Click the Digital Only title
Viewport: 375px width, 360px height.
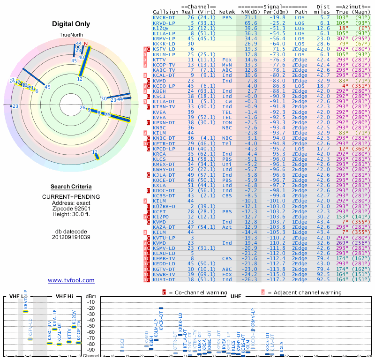(71, 24)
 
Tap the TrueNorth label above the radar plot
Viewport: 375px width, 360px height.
(71, 35)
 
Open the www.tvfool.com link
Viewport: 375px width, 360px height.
(71, 280)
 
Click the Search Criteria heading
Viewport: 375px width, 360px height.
(71, 187)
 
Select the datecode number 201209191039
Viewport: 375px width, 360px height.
(71, 237)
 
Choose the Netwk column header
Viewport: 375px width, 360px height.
(227, 11)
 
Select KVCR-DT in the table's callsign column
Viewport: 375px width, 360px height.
(164, 17)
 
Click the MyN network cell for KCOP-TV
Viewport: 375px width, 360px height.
(227, 65)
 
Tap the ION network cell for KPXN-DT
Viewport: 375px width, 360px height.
(227, 122)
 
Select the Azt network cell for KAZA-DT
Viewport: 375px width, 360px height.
(227, 226)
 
